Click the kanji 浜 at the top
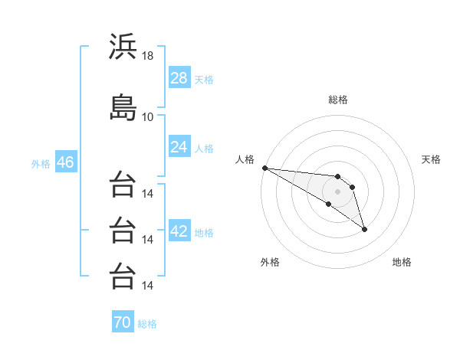[123, 46]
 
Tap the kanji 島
[123, 107]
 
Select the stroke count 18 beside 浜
[147, 56]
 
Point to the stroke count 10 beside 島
[147, 117]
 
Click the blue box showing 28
[179, 77]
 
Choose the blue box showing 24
[179, 146]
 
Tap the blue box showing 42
[179, 230]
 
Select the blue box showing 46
[66, 162]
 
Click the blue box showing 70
[123, 321]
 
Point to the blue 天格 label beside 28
[204, 80]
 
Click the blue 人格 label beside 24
[204, 149]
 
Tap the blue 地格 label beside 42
[204, 233]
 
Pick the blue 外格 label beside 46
[41, 164]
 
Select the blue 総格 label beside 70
[147, 324]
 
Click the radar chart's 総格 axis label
[338, 100]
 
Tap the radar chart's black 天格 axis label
[431, 159]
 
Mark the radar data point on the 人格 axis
[265, 168]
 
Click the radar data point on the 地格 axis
[364, 230]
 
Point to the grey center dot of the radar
[337, 191]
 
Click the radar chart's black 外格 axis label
[270, 262]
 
